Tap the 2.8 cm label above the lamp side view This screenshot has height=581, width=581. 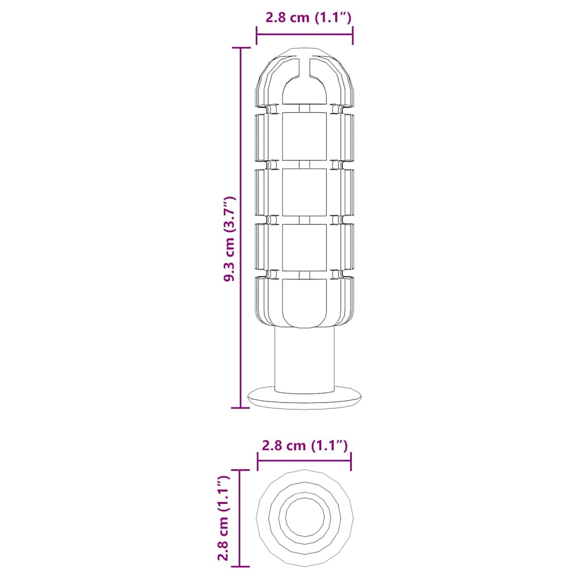pos(309,18)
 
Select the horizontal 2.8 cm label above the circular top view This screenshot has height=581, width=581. pos(305,445)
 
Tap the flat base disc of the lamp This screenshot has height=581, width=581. pos(305,399)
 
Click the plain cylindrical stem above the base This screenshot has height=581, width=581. pos(305,360)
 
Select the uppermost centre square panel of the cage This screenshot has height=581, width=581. pos(305,136)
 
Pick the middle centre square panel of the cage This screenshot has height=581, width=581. pos(305,192)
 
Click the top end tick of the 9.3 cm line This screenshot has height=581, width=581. pos(241,48)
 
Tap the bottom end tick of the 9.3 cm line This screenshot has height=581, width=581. pos(241,407)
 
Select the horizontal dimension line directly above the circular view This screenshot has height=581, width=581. pos(305,461)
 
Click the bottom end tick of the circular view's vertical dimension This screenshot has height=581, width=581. pos(240,566)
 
